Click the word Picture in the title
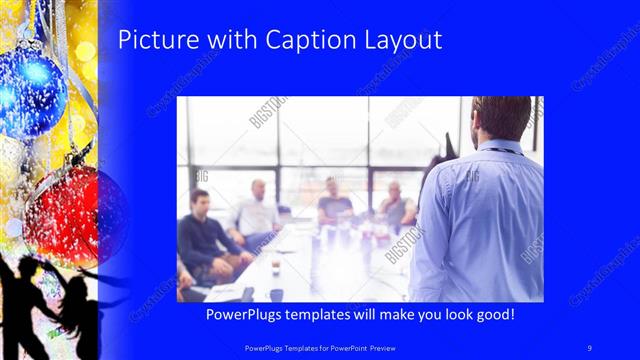(150, 41)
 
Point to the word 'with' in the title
(226, 41)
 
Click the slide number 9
(590, 347)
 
